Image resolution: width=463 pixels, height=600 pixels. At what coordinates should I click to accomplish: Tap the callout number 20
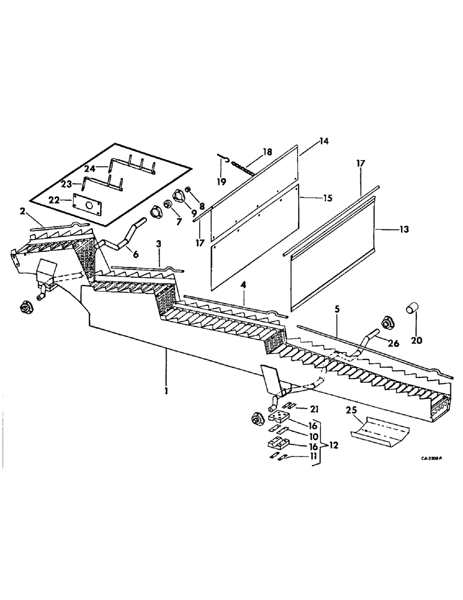[416, 341]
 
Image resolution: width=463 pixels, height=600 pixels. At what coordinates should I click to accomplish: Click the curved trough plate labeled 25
[377, 430]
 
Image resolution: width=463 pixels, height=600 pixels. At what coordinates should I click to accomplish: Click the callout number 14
[325, 142]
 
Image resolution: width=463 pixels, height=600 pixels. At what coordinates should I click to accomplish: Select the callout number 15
[325, 197]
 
